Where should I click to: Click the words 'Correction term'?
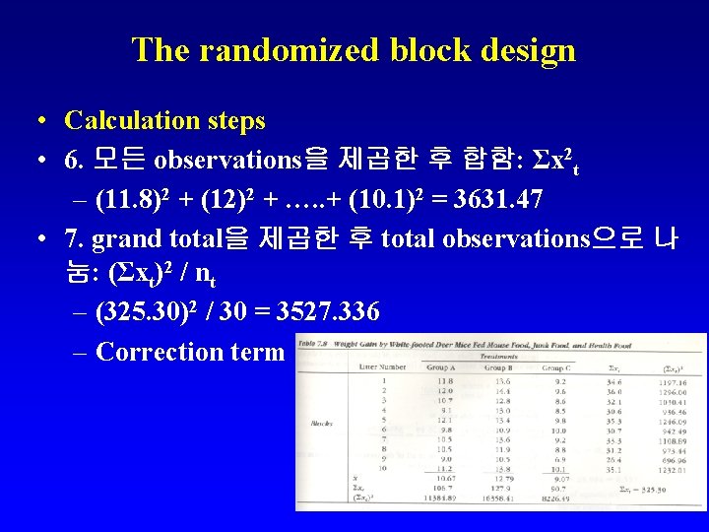[x=190, y=352]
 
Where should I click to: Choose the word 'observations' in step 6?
[x=226, y=159]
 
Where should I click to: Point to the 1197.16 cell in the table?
[x=673, y=380]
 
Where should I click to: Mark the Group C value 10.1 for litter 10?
[x=559, y=470]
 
